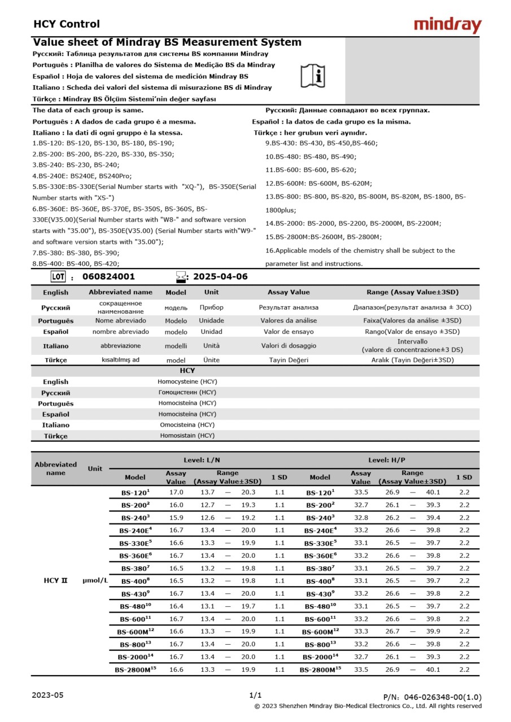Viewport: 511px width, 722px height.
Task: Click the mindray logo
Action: (447, 25)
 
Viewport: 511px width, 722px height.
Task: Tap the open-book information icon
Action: (312, 76)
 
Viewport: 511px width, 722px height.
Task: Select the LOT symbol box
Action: (58, 276)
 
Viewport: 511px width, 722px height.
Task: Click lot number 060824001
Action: (108, 276)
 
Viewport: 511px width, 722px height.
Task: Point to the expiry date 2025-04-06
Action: (220, 276)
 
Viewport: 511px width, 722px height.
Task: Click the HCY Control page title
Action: (67, 24)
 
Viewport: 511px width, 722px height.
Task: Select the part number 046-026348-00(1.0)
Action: (433, 697)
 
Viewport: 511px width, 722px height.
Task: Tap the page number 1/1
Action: (255, 695)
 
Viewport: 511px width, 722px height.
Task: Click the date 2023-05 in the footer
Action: (48, 695)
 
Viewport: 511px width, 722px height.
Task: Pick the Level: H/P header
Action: (387, 460)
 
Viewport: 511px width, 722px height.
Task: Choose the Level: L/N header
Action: (202, 460)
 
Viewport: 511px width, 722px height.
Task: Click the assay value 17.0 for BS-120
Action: (176, 492)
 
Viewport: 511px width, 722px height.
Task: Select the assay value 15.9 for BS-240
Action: (176, 517)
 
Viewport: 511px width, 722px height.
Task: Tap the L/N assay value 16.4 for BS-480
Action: (176, 606)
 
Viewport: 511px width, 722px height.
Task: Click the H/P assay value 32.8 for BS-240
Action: (361, 517)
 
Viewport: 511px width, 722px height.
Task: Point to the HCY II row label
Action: (55, 580)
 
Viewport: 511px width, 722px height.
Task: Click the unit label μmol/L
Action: (95, 580)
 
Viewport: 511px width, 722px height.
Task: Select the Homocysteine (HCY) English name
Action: (187, 381)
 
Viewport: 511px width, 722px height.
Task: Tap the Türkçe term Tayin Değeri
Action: (289, 360)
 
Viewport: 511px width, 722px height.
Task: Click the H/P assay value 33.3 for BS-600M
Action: (361, 631)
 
